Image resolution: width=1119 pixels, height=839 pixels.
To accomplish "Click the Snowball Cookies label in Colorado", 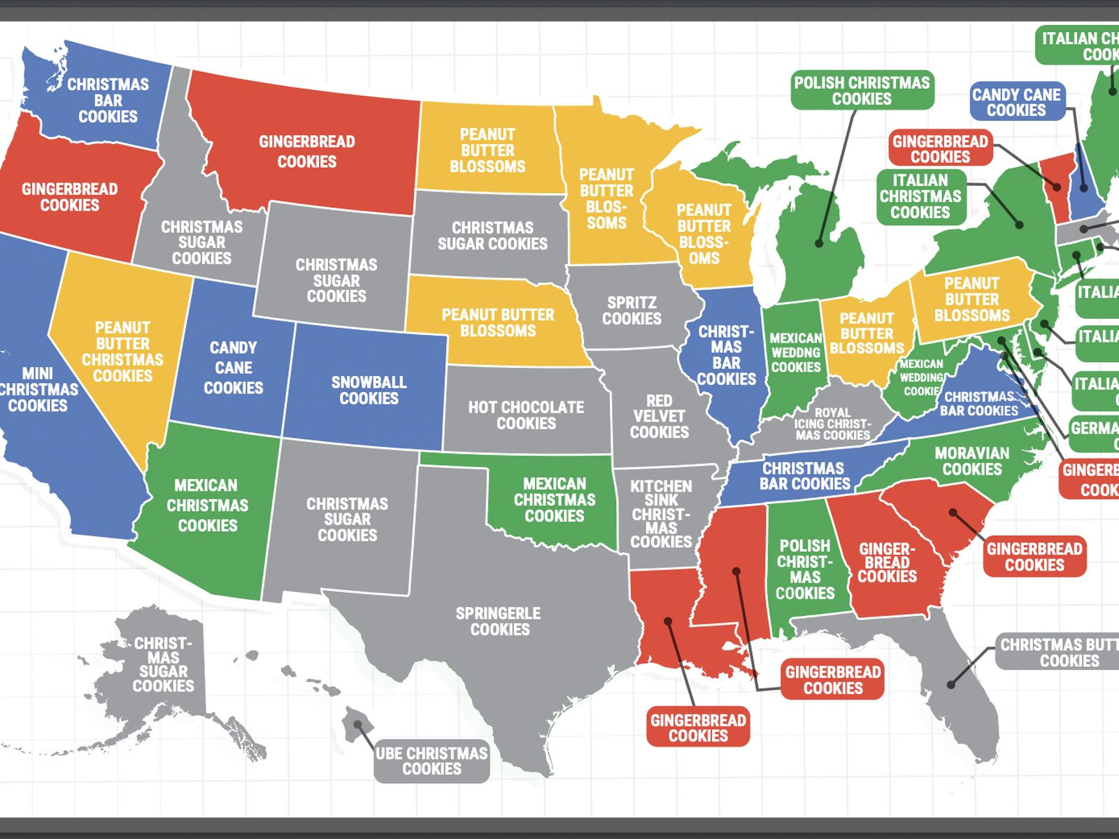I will pos(369,390).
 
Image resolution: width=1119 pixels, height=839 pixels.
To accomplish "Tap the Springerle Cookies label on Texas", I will pos(499,622).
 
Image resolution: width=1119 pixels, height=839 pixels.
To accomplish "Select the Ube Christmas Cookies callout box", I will pos(432,761).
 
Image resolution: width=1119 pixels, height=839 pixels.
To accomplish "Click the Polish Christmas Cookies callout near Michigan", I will pos(862,91).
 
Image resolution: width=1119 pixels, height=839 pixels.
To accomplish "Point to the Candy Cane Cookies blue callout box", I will pos(1016,102).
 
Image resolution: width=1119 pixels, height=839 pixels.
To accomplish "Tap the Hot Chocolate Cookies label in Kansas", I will pos(526,415).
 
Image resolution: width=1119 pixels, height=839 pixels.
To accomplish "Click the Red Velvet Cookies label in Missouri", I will pos(659,417).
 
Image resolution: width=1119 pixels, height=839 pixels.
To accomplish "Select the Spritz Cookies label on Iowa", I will pos(632,310).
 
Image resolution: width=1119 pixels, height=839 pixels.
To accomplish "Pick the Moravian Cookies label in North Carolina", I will pos(972,461).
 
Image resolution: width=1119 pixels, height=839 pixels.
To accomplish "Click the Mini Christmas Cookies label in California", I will pos(38,389).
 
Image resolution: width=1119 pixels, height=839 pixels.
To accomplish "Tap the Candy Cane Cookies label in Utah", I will pos(233,368).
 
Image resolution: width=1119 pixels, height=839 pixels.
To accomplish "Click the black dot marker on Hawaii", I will pos(358,725).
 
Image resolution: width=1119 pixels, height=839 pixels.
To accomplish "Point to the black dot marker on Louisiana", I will pos(668,621).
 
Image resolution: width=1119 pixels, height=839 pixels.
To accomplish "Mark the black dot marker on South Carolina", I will pos(953,512).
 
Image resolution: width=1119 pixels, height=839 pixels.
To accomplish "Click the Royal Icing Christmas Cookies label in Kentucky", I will pos(832,424).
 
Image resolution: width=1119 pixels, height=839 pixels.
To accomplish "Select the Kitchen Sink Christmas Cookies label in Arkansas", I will pos(661,514).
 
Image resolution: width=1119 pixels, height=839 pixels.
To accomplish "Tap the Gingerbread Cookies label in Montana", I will pos(307,152).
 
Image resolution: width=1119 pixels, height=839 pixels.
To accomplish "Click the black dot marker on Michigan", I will pos(819,243).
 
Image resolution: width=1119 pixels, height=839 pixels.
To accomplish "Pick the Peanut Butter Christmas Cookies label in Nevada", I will pos(122,352).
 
